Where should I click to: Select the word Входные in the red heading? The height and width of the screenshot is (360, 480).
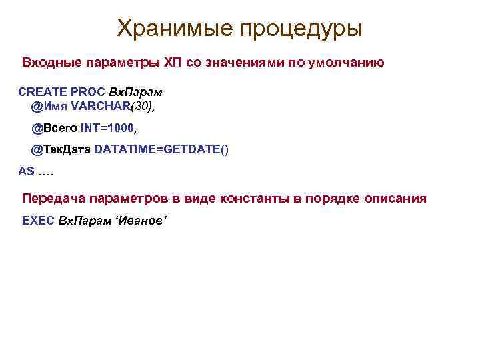point(51,63)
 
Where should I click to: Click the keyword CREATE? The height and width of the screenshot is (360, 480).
point(41,92)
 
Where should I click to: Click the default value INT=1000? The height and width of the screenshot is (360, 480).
point(107,127)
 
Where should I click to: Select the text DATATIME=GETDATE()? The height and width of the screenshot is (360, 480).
point(161,149)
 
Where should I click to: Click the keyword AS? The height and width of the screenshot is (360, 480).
point(27,171)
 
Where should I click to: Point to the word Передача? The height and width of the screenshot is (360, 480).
point(53,199)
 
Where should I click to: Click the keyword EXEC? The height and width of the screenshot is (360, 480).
point(38,220)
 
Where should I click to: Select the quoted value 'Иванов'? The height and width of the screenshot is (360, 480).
point(141,220)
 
